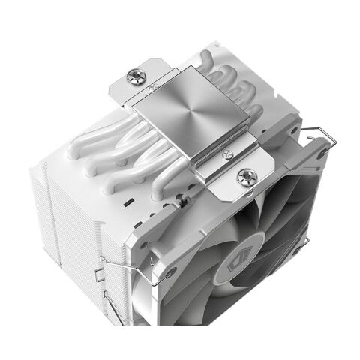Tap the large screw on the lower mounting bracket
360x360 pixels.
point(244,177)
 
